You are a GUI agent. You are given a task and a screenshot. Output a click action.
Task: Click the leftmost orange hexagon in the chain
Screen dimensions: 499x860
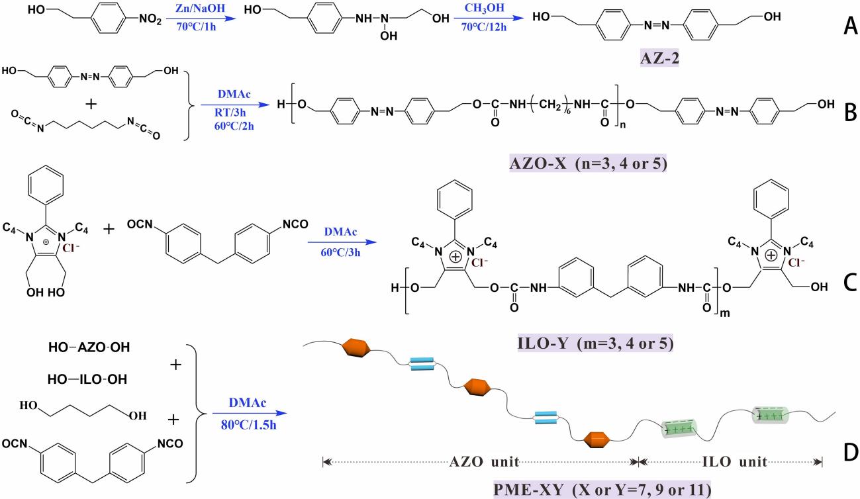point(358,351)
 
